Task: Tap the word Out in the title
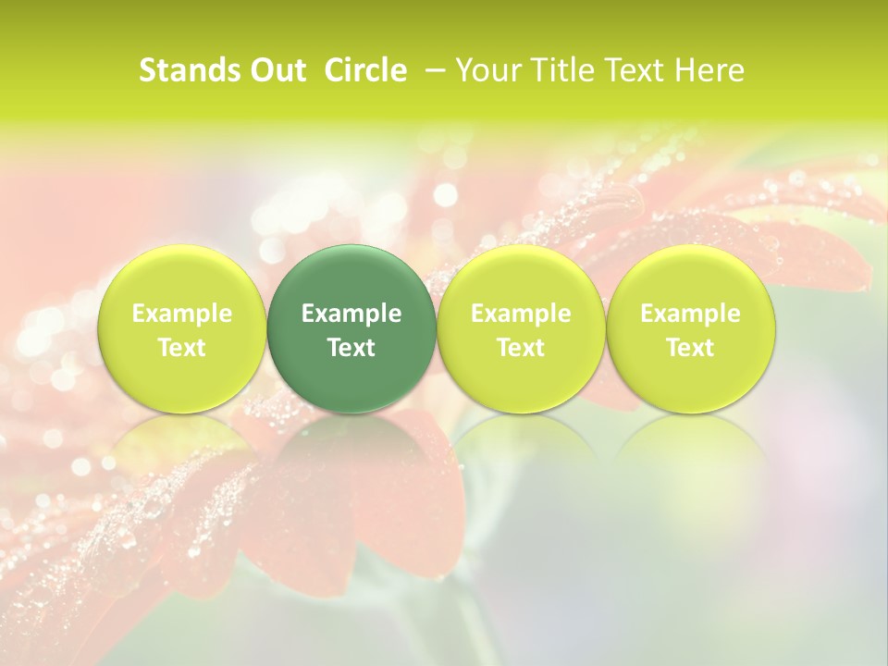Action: [x=277, y=70]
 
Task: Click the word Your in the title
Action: [x=487, y=70]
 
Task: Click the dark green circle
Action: [x=351, y=328]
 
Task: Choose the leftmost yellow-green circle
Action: [x=182, y=328]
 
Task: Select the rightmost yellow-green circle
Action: [x=690, y=328]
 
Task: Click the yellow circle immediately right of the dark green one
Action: [x=521, y=328]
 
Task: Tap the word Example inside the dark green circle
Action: [x=351, y=314]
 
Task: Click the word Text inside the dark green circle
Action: [x=351, y=348]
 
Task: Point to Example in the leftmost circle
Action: [x=182, y=314]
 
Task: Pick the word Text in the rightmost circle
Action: [x=690, y=348]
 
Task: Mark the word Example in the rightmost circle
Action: [x=690, y=314]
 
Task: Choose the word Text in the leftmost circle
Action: [x=182, y=348]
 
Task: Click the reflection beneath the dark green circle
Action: [x=351, y=453]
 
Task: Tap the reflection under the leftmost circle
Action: [x=182, y=453]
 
